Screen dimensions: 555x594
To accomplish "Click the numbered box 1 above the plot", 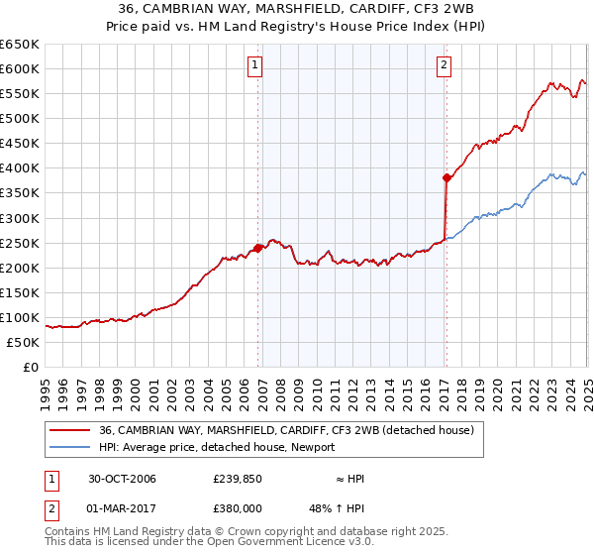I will tap(255, 66).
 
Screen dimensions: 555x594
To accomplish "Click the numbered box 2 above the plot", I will tap(444, 66).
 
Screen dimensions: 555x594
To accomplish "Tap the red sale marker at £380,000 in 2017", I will tap(446, 178).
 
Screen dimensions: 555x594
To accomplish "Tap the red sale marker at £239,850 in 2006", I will tap(258, 248).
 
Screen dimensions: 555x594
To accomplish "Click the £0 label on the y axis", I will tap(32, 367).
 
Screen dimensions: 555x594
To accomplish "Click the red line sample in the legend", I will tap(68, 430).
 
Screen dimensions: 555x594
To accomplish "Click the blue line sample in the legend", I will tap(68, 447).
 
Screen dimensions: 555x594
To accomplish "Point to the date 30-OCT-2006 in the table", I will tap(122, 479).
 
